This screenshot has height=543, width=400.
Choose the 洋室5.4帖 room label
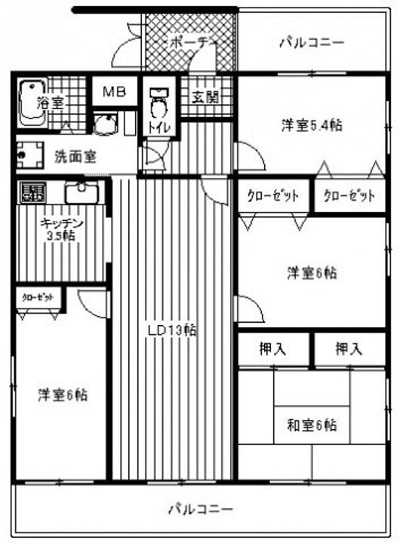click(312, 125)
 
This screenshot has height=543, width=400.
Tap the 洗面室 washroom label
click(75, 157)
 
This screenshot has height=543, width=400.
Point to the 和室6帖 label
click(311, 425)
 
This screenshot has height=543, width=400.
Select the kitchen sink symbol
click(79, 192)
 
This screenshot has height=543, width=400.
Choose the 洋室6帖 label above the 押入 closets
click(311, 273)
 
